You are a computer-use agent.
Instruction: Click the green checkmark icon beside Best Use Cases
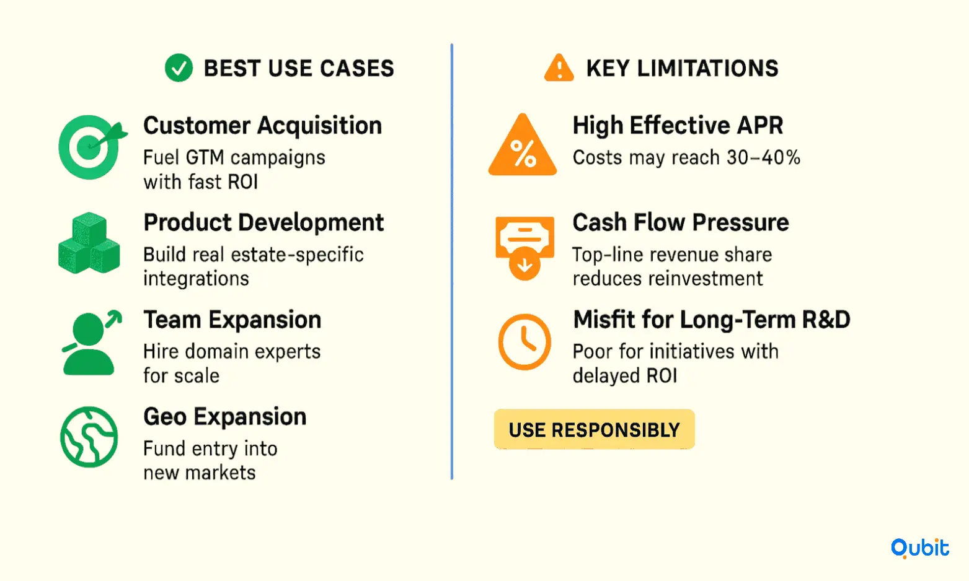click(179, 68)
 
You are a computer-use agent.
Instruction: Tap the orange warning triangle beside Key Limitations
click(559, 68)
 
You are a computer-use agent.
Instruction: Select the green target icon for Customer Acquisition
click(92, 147)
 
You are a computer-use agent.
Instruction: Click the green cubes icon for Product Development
click(89, 243)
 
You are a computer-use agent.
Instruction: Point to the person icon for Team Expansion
click(91, 343)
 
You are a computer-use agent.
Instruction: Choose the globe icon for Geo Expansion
click(89, 437)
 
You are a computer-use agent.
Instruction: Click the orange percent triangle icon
click(523, 145)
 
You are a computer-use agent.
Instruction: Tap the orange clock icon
click(524, 341)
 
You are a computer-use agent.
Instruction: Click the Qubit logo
click(919, 548)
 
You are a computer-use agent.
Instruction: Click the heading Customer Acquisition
click(263, 126)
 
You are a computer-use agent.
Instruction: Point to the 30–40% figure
click(764, 158)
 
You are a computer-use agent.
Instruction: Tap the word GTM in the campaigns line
click(203, 157)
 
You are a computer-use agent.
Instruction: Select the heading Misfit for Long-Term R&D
click(712, 320)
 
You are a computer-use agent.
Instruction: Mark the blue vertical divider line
click(451, 261)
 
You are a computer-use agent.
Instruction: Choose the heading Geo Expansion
click(225, 417)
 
